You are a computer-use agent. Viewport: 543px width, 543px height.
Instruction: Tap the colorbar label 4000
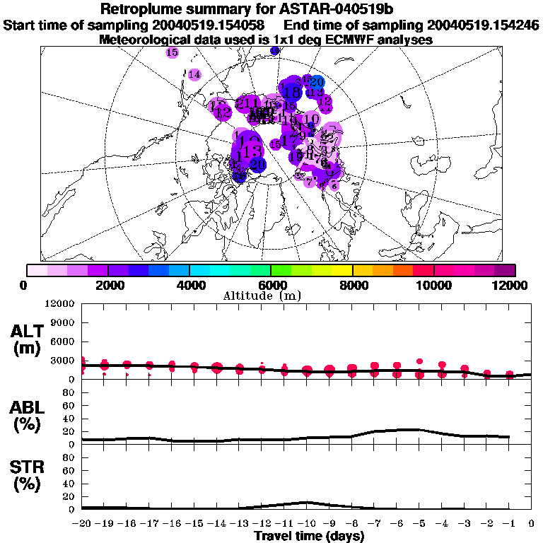(189, 285)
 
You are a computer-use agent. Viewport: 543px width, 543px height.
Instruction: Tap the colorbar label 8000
(352, 285)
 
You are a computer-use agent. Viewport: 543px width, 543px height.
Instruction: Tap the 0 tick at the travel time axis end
(532, 524)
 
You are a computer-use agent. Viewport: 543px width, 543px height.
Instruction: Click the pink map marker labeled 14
(194, 75)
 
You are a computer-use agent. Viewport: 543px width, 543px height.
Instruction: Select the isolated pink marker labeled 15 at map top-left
(172, 52)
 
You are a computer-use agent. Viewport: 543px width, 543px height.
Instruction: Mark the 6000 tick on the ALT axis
(63, 341)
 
